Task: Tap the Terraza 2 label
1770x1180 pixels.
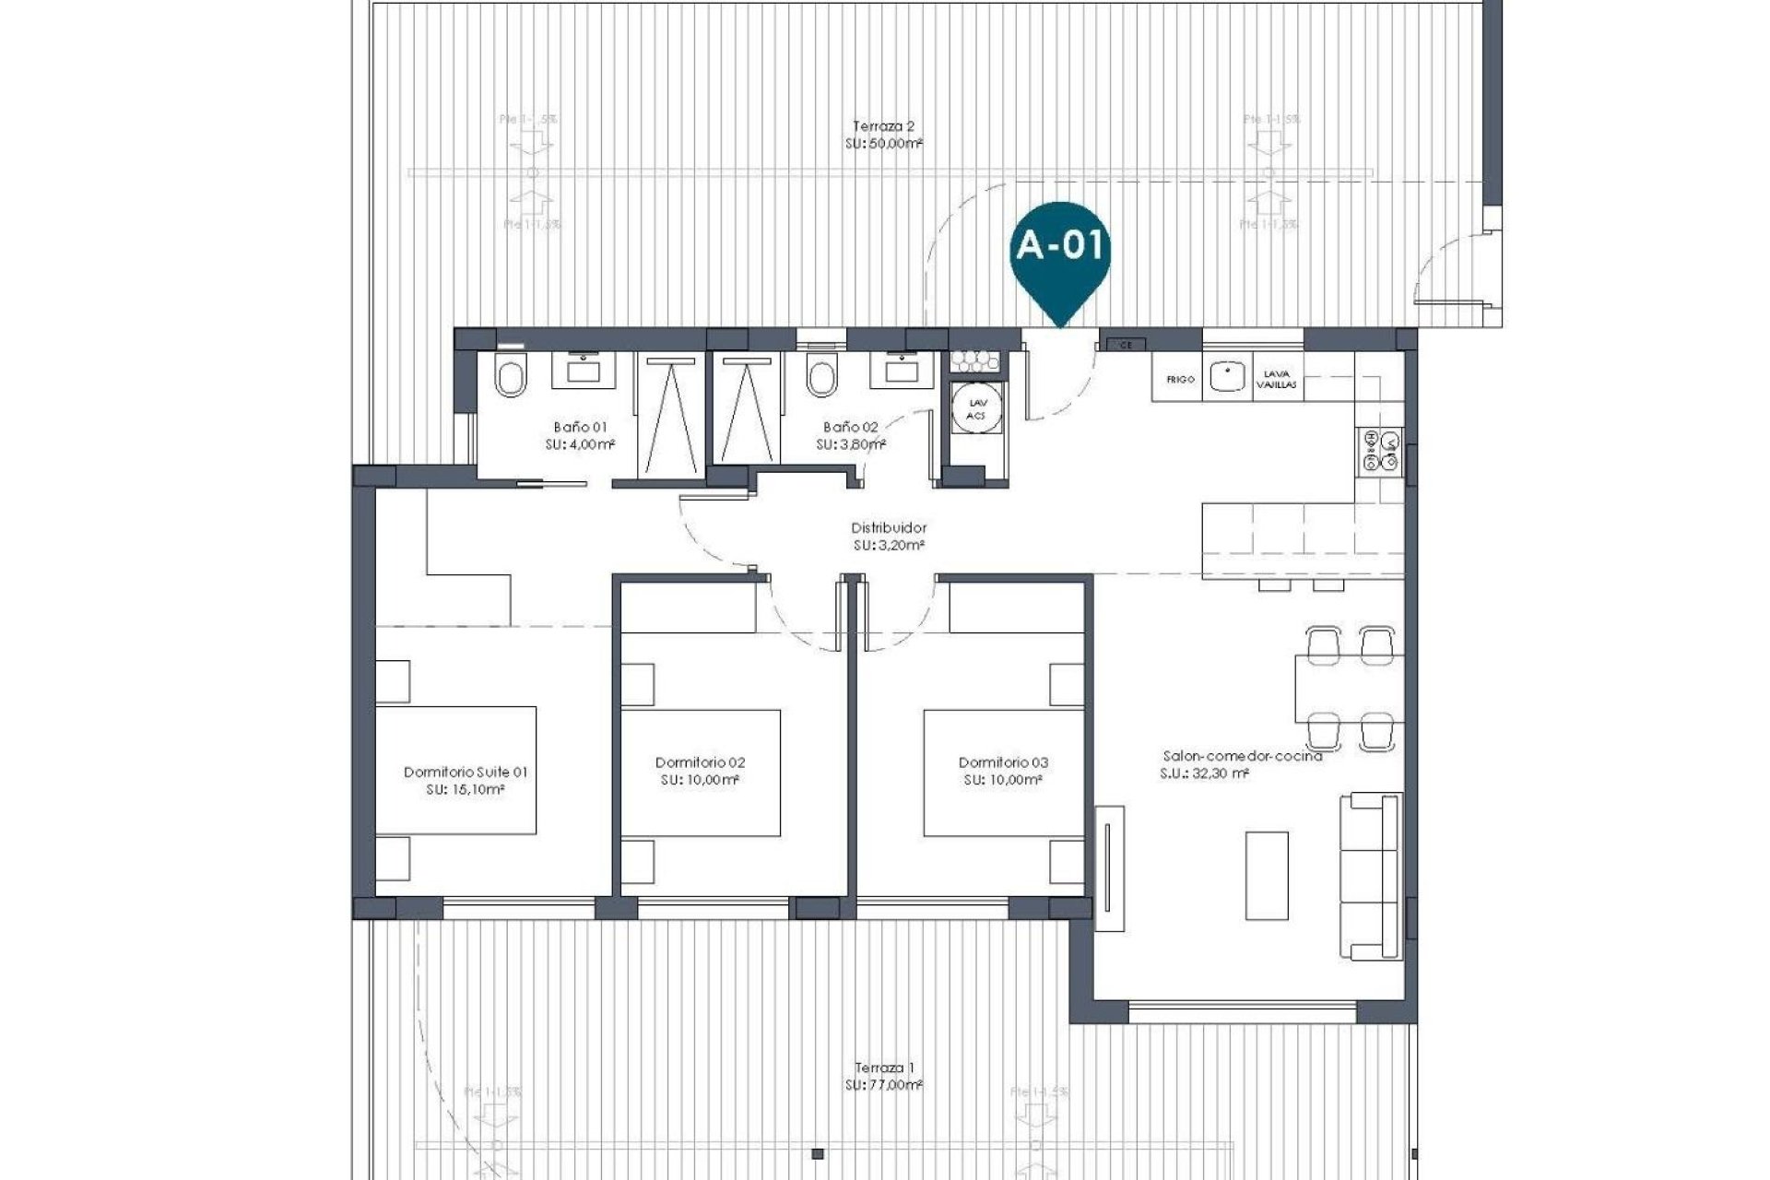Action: coord(883,127)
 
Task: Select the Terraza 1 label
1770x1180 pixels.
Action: coord(883,1068)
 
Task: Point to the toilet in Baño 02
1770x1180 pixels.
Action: coord(820,376)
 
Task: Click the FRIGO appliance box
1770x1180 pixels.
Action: coord(1179,379)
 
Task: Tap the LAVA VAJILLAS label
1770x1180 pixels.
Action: coord(1277,379)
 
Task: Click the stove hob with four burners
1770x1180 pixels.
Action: coord(1379,452)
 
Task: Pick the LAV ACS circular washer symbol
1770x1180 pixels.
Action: coord(975,409)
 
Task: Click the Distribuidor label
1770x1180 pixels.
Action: coord(888,528)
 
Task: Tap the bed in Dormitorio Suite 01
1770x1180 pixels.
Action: coord(456,770)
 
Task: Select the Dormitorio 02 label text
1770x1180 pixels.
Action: coord(700,762)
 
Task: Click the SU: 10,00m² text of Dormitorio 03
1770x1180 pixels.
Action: coord(1003,780)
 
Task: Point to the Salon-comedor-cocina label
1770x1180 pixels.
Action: coord(1242,756)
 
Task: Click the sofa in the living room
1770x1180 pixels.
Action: coord(1372,876)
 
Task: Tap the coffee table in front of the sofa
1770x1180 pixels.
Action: coord(1267,875)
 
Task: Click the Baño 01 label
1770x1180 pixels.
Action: coord(580,427)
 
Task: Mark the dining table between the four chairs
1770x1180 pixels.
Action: coord(1349,688)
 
